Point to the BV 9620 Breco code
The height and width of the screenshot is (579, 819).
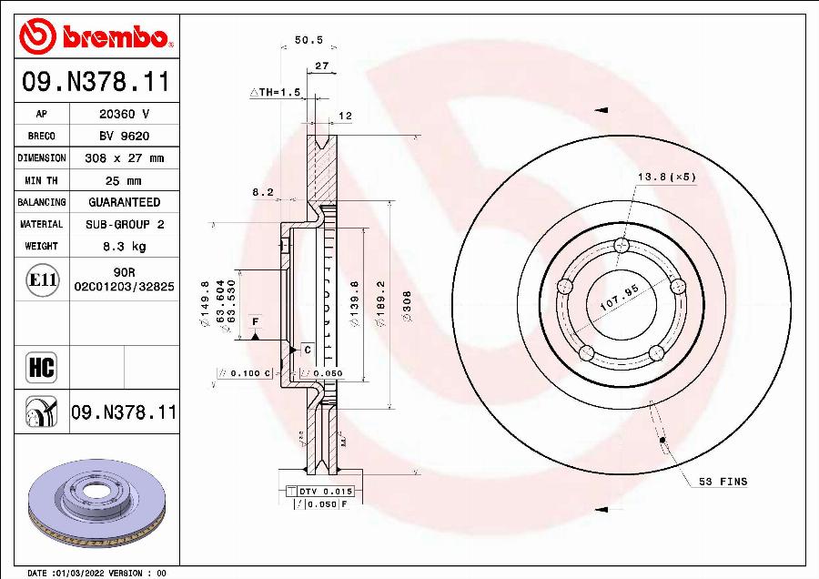point(124,137)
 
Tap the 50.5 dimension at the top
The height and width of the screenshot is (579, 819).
point(308,41)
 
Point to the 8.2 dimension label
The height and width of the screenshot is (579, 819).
point(263,192)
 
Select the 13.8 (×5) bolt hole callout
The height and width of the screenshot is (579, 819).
point(666,176)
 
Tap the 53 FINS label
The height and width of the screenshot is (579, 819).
point(723,480)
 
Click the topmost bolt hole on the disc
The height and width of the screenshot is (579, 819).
point(622,244)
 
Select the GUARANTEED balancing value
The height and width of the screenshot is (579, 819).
point(124,202)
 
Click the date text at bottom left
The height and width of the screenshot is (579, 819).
point(97,573)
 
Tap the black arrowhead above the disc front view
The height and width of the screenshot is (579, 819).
point(601,110)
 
